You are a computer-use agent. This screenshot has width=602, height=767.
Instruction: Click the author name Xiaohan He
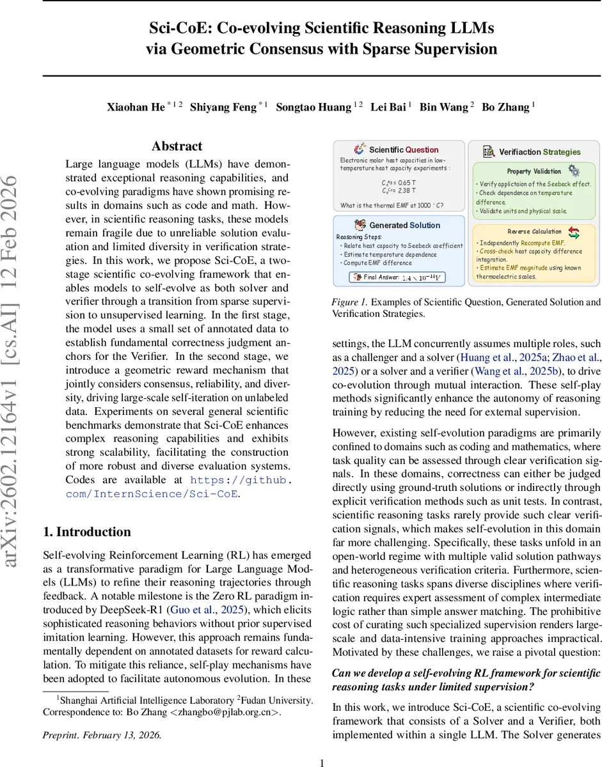[135, 107]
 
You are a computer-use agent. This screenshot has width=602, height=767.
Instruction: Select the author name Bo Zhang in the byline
[506, 107]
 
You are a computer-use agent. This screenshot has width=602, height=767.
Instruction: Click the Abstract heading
[177, 146]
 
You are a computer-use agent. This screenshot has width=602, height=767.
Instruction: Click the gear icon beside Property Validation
[574, 171]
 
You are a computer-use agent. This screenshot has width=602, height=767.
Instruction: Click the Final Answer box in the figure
[397, 277]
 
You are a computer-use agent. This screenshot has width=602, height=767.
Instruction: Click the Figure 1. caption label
[351, 302]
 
